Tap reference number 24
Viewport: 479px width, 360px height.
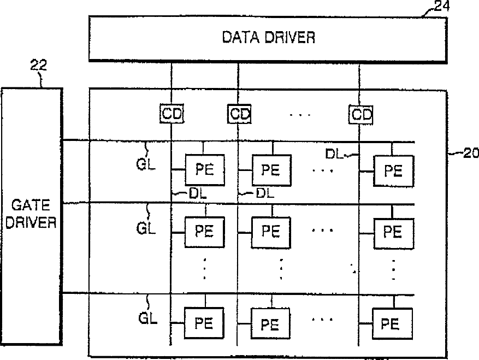(x=442, y=7)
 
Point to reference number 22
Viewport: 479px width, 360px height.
(x=38, y=66)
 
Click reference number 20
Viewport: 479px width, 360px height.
(x=467, y=154)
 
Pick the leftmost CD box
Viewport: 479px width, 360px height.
(x=172, y=114)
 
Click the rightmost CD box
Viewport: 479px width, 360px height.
(x=360, y=114)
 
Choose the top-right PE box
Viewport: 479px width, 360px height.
(x=393, y=170)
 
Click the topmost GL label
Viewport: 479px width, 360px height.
(x=146, y=163)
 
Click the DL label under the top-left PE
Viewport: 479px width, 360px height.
(x=195, y=193)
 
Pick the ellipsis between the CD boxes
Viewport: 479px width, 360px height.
(x=300, y=115)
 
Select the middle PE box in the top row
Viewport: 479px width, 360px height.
(x=270, y=170)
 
